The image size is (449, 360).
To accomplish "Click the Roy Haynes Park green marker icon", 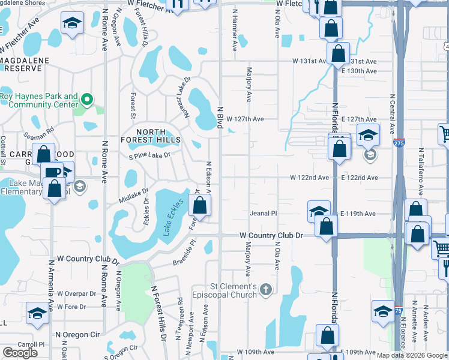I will point(86,100).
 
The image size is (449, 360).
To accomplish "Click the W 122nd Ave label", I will point(309,178).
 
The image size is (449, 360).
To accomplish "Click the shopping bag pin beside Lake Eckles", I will point(199,206).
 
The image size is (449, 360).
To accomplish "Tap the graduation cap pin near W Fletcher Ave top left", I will point(72,25).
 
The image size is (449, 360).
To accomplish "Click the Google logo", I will point(20,353).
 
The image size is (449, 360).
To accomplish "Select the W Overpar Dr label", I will point(76,294).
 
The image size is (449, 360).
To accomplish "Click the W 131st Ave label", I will point(310,61).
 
